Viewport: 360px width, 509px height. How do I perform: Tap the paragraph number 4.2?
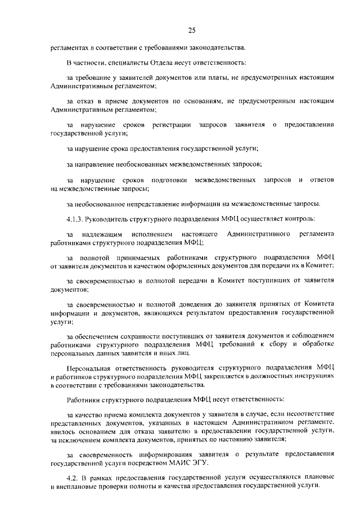(71, 476)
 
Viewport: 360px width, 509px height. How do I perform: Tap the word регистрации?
(171, 124)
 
